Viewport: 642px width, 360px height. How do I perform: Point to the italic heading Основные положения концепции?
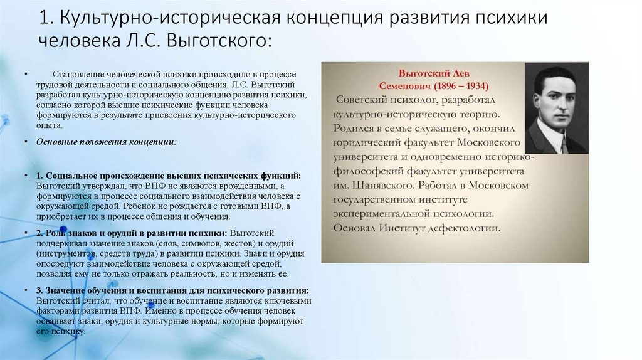coord(107,142)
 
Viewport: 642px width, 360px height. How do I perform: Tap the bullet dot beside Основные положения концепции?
coord(26,142)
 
